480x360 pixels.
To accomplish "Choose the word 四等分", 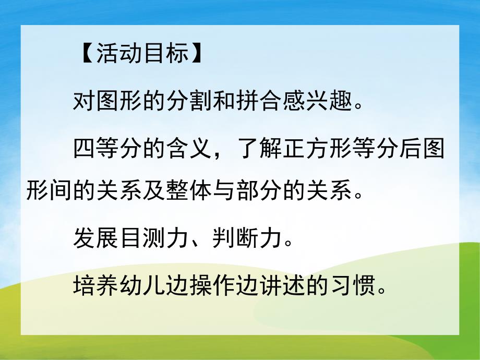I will (x=109, y=150).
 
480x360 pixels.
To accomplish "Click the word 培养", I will (x=97, y=286).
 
